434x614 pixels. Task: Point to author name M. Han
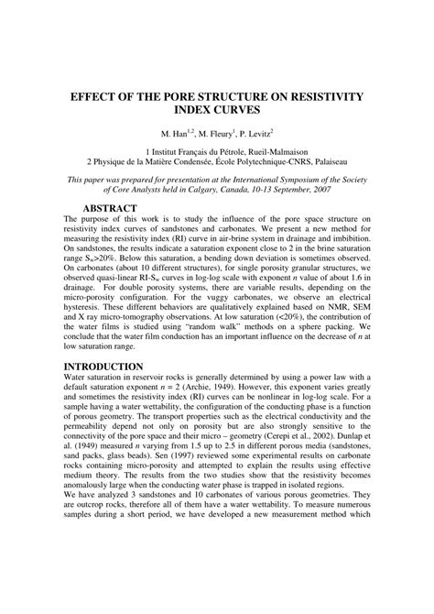176,133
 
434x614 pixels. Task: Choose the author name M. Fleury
217,133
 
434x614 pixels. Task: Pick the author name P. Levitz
261,133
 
